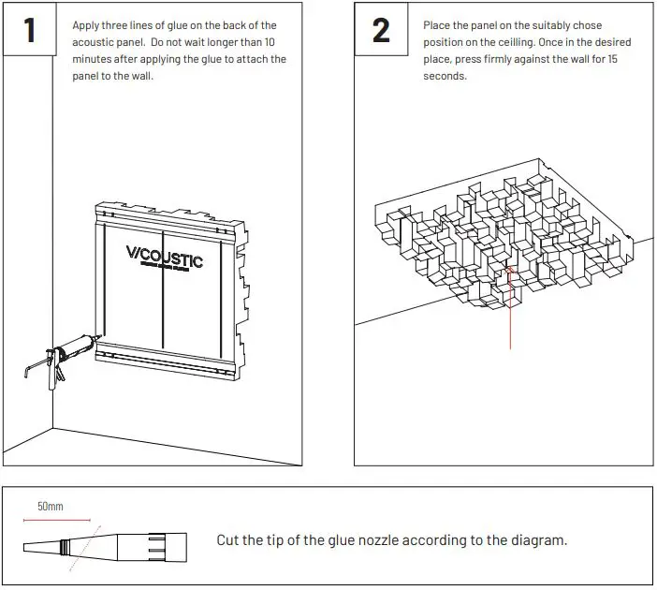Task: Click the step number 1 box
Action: pyautogui.click(x=29, y=29)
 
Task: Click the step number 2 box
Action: pyautogui.click(x=381, y=29)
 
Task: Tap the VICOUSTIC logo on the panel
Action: pyautogui.click(x=164, y=255)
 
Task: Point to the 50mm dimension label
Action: pyautogui.click(x=51, y=507)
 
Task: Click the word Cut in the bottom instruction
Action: pyautogui.click(x=229, y=540)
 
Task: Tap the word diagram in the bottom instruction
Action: pyautogui.click(x=538, y=540)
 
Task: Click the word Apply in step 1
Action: pyautogui.click(x=87, y=26)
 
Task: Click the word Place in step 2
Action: pyautogui.click(x=437, y=26)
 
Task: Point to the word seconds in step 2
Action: pyautogui.click(x=445, y=77)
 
